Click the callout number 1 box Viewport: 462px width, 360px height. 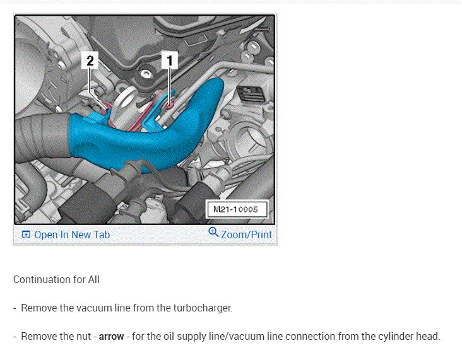(x=169, y=61)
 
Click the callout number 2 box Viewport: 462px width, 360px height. (x=90, y=61)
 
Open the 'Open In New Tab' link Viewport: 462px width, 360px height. (x=72, y=235)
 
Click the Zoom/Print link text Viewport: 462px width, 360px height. (x=246, y=235)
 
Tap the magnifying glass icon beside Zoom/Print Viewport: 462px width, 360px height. (x=213, y=233)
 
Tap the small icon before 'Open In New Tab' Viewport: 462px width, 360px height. (x=26, y=235)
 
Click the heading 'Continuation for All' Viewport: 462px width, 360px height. (x=56, y=279)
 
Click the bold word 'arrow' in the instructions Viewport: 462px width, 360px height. (x=111, y=336)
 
